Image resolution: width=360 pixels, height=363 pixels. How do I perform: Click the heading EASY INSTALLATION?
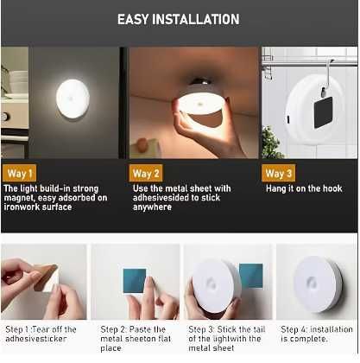tap(178, 19)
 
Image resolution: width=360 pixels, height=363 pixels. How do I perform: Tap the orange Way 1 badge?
tap(20, 173)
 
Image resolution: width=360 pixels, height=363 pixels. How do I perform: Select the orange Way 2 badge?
tap(146, 173)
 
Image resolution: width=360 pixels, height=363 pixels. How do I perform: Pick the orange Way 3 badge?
tap(279, 173)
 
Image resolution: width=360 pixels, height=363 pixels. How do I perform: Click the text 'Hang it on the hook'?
tap(304, 188)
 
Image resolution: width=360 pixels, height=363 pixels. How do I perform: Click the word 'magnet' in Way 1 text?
tap(19, 198)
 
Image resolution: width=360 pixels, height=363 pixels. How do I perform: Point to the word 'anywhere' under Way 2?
tap(152, 207)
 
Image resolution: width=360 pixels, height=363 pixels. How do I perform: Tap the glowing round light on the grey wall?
tap(73, 99)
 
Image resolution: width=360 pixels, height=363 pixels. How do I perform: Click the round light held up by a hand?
tap(201, 103)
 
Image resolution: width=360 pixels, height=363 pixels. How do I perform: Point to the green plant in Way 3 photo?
tap(271, 142)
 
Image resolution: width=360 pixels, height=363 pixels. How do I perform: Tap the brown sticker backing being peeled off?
tap(46, 277)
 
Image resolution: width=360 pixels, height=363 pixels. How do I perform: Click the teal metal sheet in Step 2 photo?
tap(135, 281)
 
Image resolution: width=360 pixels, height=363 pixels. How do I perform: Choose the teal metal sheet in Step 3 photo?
tap(251, 276)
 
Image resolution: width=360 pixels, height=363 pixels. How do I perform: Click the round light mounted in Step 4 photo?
tap(318, 284)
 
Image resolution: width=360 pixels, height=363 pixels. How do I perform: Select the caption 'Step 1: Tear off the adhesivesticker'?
tap(41, 334)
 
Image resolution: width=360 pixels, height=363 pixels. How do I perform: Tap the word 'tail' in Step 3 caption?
tap(259, 329)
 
